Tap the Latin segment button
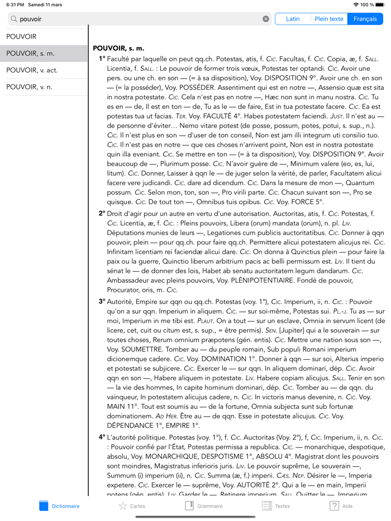[x=293, y=19]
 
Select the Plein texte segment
[x=328, y=19]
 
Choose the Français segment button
[x=365, y=19]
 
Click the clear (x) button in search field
[x=266, y=19]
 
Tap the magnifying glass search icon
[x=14, y=19]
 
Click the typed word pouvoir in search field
[x=31, y=19]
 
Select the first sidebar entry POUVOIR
[x=21, y=37]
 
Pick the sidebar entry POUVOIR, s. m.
[x=31, y=54]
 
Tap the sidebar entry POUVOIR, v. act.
[x=32, y=70]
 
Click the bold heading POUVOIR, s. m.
[x=118, y=49]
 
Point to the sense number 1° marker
[x=102, y=59]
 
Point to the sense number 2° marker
[x=102, y=213]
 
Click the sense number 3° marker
[x=102, y=301]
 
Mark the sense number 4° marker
[x=102, y=438]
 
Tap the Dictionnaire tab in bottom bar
[x=59, y=506]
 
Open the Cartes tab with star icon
[x=131, y=506]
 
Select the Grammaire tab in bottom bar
[x=203, y=506]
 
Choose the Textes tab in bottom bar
[x=276, y=506]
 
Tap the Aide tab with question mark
[x=341, y=506]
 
